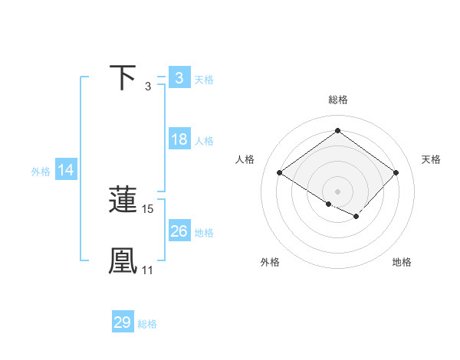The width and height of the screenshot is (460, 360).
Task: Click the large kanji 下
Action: [x=123, y=78]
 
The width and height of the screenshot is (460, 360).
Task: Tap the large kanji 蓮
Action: [x=123, y=200]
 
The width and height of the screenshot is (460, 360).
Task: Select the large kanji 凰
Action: [x=123, y=260]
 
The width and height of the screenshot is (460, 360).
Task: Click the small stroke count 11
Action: [x=147, y=270]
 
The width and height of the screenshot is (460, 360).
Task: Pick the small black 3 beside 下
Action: [x=148, y=87]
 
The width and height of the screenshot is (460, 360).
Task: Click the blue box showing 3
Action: [x=179, y=78]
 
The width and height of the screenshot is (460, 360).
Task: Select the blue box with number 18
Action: [x=179, y=139]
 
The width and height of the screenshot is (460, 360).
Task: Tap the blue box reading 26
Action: [x=179, y=231]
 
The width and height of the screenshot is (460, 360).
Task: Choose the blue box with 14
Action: [x=66, y=170]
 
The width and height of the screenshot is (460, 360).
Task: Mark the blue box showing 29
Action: [x=122, y=322]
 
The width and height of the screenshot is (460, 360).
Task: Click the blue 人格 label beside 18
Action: [x=205, y=141]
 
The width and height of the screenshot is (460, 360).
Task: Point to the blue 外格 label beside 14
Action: [x=41, y=172]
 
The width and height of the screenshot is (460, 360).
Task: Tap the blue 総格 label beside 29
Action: [x=147, y=324]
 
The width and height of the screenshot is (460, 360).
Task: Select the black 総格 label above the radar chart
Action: [x=337, y=100]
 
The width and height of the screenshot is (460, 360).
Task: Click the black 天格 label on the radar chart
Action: [x=431, y=159]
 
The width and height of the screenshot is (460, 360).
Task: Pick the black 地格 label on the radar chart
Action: [x=402, y=262]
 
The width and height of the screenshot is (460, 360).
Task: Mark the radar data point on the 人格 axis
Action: [x=280, y=173]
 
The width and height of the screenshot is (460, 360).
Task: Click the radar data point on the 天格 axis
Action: [x=396, y=173]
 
